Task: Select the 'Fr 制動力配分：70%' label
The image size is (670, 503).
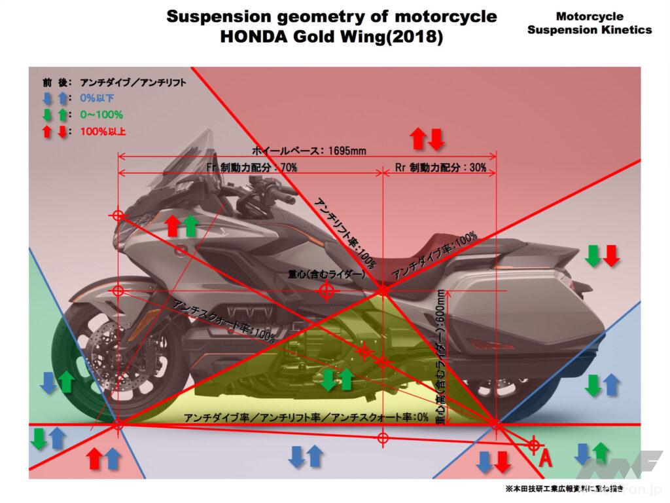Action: click(252, 168)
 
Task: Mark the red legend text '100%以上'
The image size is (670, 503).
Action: click(103, 131)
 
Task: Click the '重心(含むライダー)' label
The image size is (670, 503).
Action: click(327, 276)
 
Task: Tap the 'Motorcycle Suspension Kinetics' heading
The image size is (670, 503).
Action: click(589, 23)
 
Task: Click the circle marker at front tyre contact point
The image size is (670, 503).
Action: click(118, 425)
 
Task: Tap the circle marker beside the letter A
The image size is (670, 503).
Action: click(534, 446)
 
